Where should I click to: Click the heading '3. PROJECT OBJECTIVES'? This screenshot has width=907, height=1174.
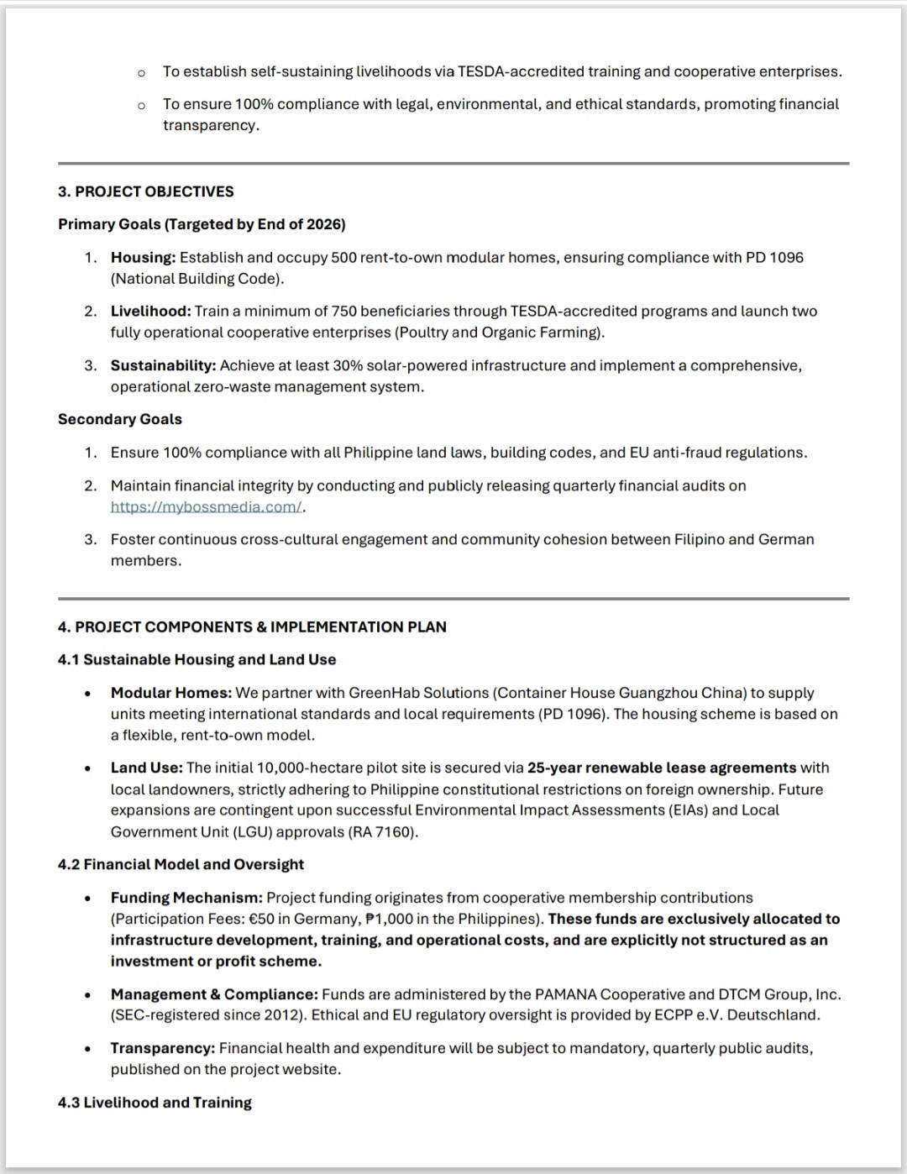tap(146, 191)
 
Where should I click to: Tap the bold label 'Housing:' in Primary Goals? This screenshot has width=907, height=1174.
tap(143, 258)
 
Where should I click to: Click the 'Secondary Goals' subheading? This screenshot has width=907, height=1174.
tap(120, 419)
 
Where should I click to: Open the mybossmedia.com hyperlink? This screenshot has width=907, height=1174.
tap(206, 507)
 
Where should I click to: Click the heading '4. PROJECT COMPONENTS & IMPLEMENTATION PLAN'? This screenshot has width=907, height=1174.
tap(252, 627)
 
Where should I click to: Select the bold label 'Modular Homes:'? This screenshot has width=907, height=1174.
tap(170, 694)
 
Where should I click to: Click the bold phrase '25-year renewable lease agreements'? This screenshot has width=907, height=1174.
tap(662, 768)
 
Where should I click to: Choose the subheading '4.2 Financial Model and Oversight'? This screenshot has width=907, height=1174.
tap(181, 865)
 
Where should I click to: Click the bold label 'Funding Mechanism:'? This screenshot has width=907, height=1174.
tap(186, 899)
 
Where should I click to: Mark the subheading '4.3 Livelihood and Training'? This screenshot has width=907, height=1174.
tap(155, 1103)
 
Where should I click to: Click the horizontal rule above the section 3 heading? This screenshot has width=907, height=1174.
tap(453, 163)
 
